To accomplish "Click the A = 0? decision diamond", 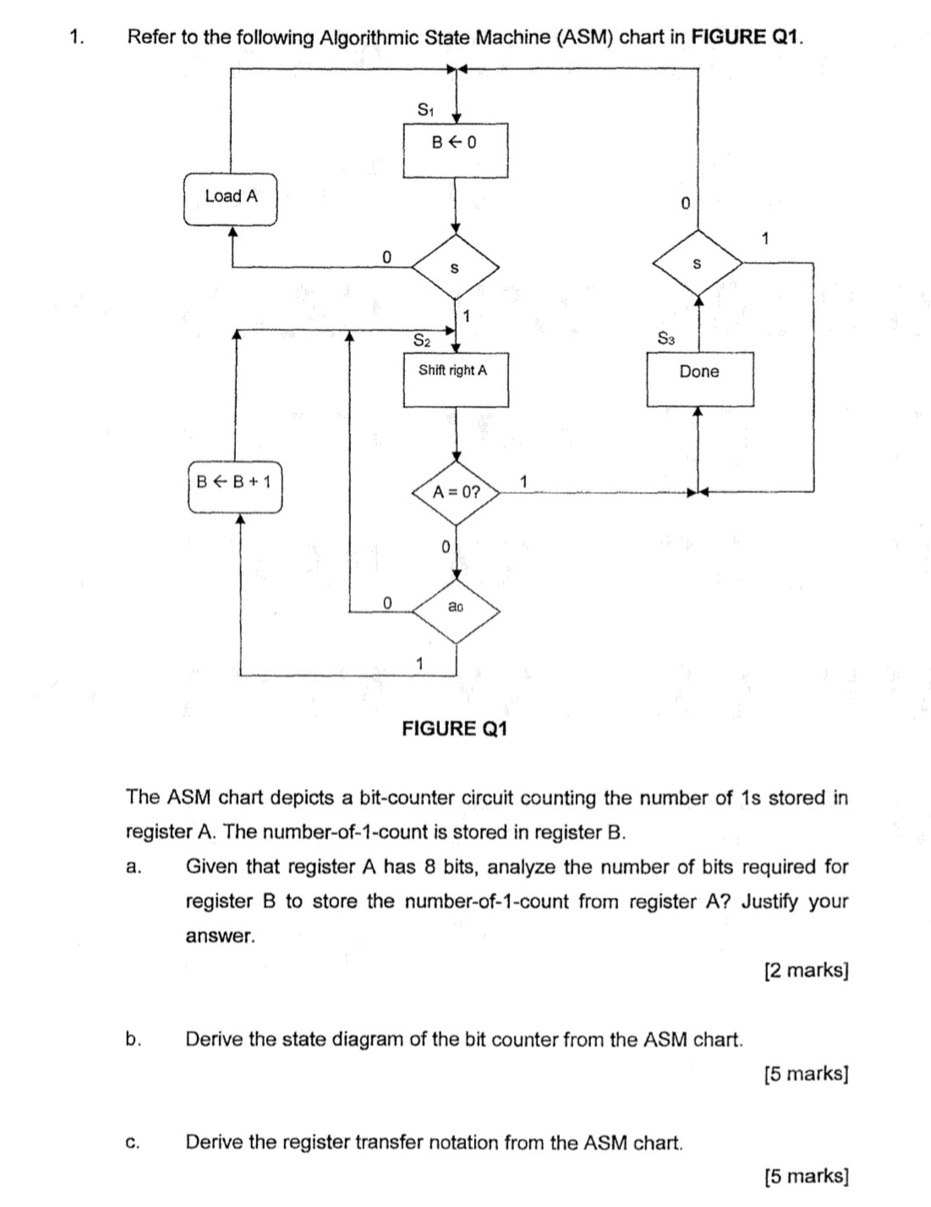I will tap(456, 492).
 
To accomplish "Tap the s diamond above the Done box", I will tap(698, 265).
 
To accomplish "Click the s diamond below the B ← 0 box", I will tap(455, 268).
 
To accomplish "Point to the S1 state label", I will tap(425, 110).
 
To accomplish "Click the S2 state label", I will tap(422, 341).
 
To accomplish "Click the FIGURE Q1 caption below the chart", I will tap(454, 729).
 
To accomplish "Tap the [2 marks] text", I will tap(805, 969).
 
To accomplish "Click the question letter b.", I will tap(132, 1039).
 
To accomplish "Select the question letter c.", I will tap(132, 1143).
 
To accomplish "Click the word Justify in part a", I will tap(769, 901).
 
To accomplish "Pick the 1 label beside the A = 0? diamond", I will tap(523, 482).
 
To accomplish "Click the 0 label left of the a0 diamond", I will tap(386, 603).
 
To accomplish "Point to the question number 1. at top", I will tap(78, 37).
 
